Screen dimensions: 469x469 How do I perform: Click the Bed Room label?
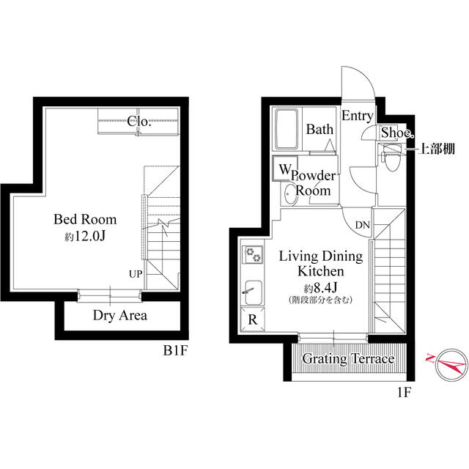point(85,219)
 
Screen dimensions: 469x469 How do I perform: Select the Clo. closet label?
point(139,122)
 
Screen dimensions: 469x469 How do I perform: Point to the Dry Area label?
point(120,316)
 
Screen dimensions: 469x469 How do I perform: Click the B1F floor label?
point(176,351)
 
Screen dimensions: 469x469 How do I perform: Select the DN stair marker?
point(362,224)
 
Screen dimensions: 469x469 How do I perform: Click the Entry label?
point(358,116)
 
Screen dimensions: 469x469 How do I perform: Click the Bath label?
point(320,130)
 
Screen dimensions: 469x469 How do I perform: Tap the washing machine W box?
point(282,169)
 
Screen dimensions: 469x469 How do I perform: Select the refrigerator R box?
point(252,320)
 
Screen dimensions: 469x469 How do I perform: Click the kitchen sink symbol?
point(254,294)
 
